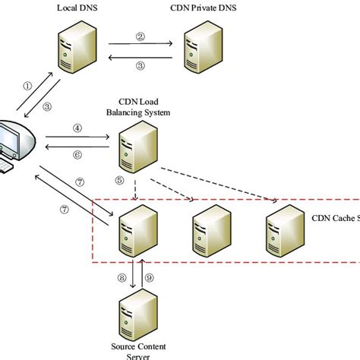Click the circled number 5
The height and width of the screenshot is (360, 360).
[119, 180]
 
